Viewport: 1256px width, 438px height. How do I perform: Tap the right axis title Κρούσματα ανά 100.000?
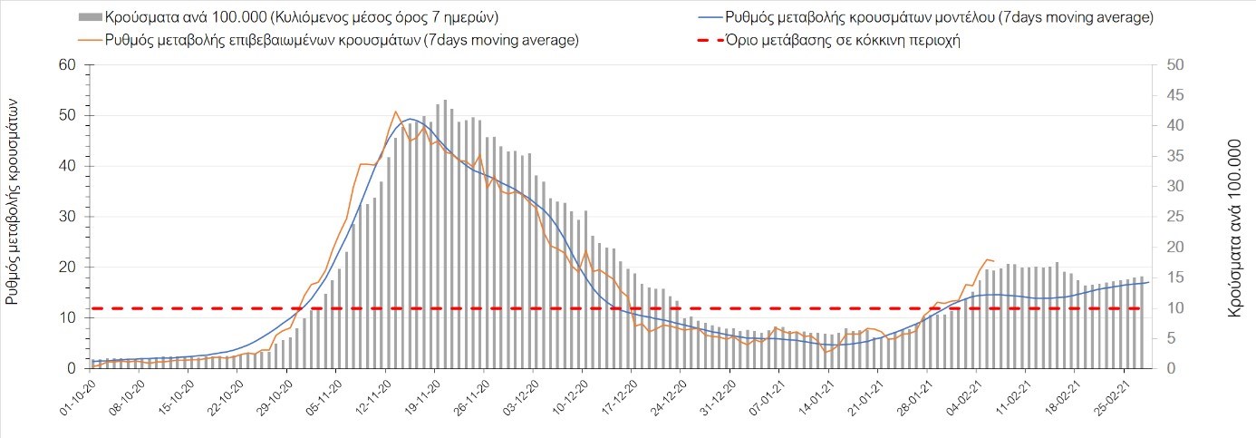coord(1233,227)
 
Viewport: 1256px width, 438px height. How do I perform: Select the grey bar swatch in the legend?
coord(90,17)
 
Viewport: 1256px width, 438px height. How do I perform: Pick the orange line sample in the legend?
coord(90,40)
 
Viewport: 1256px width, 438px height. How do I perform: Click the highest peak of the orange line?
coord(395,112)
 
